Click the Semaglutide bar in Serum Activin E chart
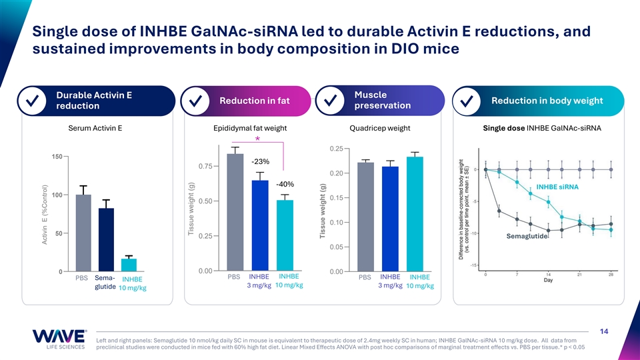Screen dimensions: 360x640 [107, 240]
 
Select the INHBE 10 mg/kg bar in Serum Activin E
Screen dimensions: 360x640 [129, 265]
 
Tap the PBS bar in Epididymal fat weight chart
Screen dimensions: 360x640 [235, 212]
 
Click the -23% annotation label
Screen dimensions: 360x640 [260, 161]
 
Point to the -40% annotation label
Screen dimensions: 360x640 [285, 184]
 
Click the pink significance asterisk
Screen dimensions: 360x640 [257, 139]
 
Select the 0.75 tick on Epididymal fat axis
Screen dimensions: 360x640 [204, 166]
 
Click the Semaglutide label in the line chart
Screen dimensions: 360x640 [527, 237]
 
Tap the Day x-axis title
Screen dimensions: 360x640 [547, 280]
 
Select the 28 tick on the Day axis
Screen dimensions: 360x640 [611, 274]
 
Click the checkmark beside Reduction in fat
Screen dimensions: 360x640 [196, 101]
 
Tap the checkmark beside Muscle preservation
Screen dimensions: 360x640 [331, 101]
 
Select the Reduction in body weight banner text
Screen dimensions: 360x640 [547, 101]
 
